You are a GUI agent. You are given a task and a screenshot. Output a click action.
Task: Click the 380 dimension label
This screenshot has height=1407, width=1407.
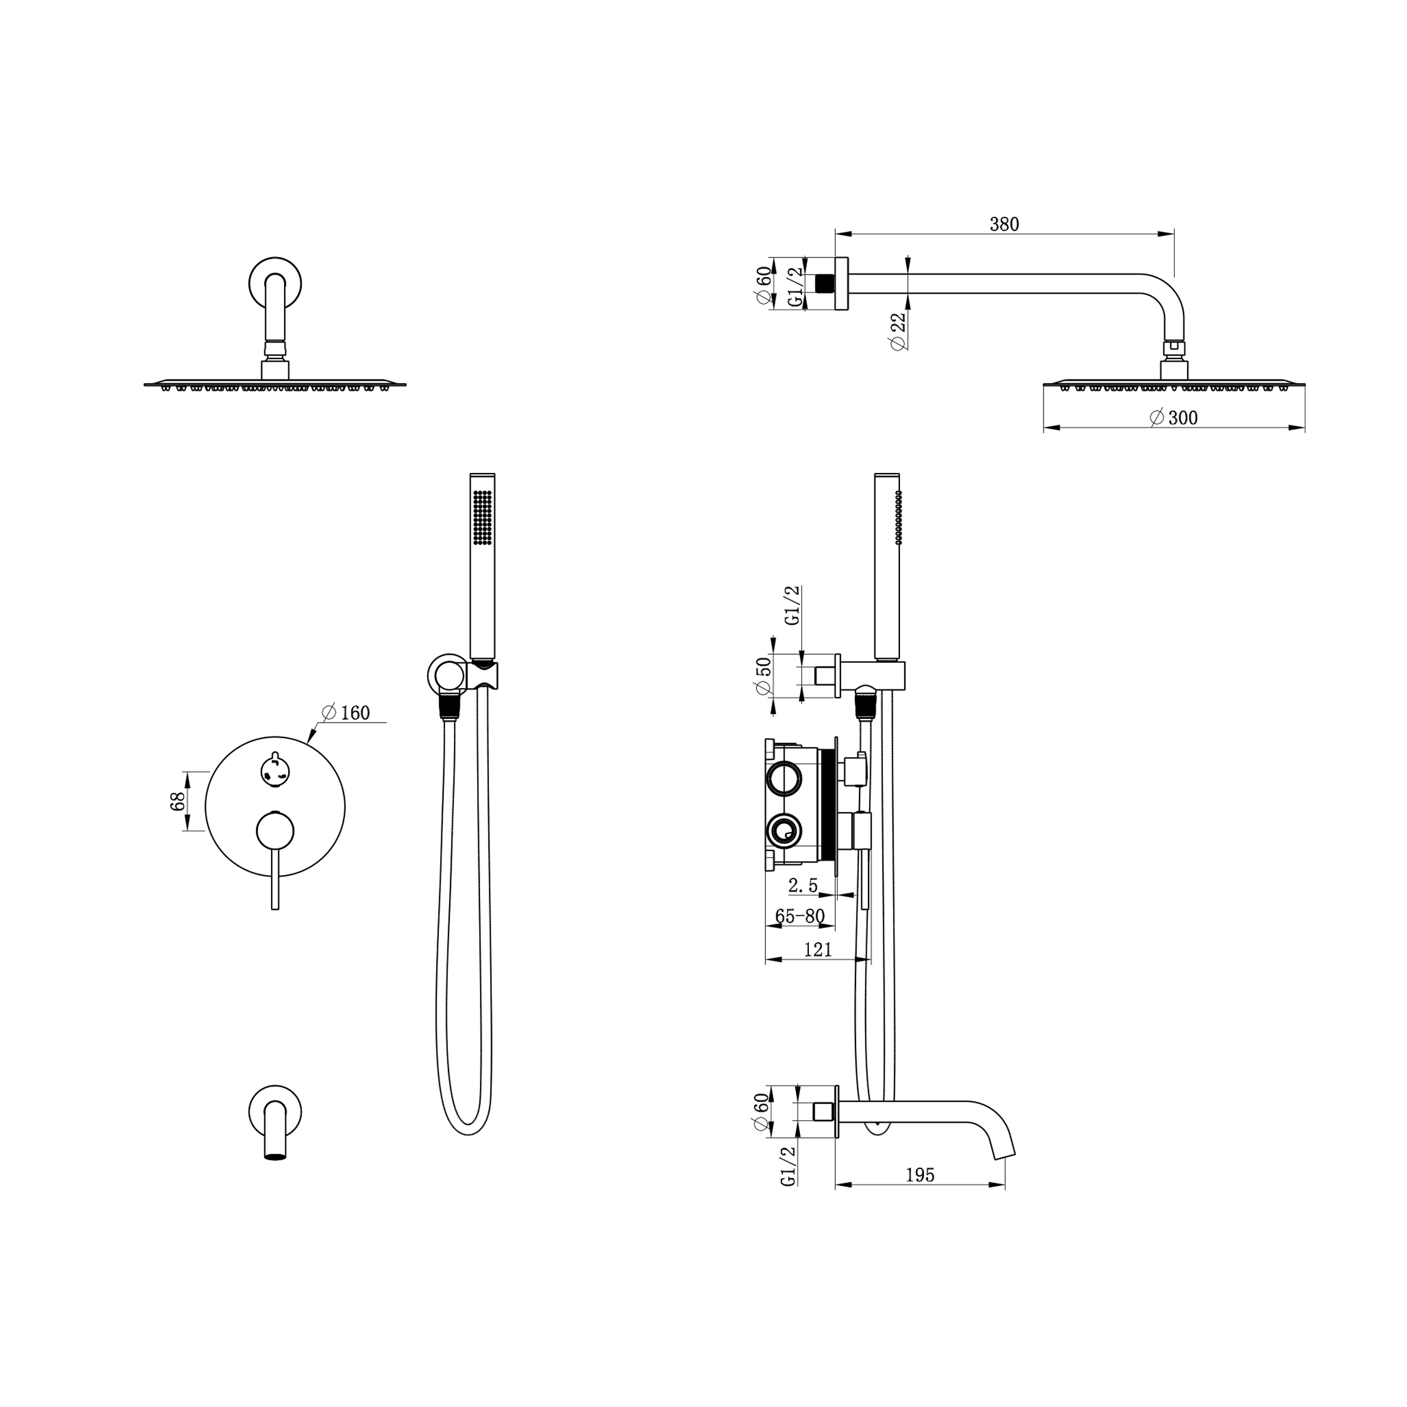[1004, 225]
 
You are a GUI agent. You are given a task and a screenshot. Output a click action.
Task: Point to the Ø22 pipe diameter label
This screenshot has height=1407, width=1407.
[899, 331]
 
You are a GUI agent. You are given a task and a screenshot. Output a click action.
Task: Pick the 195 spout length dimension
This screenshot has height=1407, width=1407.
[920, 1175]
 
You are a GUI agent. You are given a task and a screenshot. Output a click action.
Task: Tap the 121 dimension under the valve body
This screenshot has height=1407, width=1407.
[818, 950]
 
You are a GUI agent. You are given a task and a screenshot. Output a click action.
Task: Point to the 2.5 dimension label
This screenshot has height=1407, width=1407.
[802, 886]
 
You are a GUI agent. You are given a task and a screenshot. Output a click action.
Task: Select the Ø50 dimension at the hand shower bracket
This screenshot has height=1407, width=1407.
[763, 677]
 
